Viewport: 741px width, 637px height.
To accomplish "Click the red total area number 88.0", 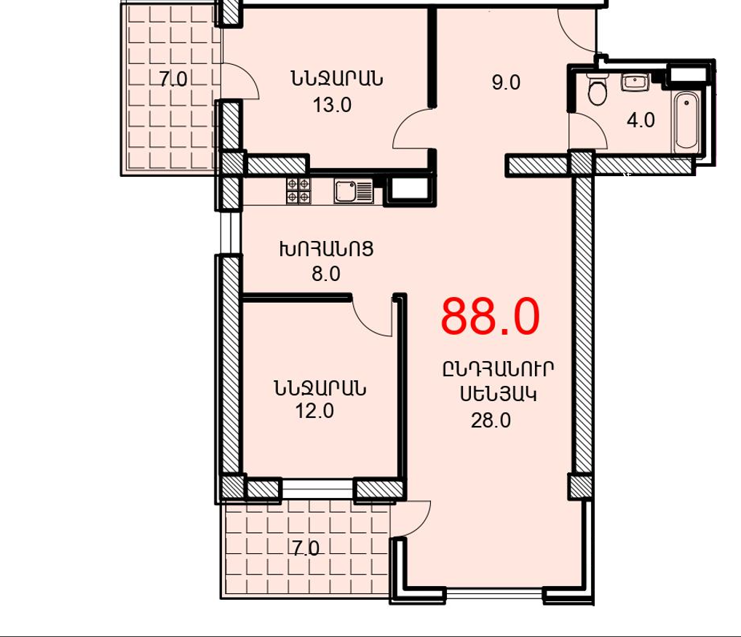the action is click(490, 317).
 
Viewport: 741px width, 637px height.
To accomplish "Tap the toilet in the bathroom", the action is click(598, 89).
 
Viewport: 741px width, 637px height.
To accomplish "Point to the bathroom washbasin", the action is click(635, 82).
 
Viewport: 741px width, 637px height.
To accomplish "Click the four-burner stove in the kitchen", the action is click(298, 191).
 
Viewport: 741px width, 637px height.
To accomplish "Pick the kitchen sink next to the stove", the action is click(354, 191).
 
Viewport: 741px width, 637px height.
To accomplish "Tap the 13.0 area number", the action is click(332, 105).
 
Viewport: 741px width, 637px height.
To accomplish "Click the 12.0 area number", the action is click(314, 411).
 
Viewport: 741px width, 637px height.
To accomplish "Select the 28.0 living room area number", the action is click(491, 420).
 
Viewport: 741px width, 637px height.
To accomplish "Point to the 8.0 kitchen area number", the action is click(326, 274).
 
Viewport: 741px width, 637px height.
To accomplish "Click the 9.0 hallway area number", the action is click(506, 82).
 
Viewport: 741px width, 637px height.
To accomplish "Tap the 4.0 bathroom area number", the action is click(641, 120).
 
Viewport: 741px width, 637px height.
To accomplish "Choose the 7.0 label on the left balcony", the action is click(173, 79).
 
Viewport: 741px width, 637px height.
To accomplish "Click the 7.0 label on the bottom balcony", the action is click(306, 549).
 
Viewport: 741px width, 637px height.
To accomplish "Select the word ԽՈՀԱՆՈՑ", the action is click(327, 249).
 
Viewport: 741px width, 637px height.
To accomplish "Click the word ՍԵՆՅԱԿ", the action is click(499, 394).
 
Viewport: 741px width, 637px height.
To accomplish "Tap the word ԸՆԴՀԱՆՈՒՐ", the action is click(498, 368).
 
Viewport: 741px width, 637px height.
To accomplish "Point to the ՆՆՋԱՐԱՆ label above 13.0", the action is click(337, 78).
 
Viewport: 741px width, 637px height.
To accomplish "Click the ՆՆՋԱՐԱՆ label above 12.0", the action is click(320, 389).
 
